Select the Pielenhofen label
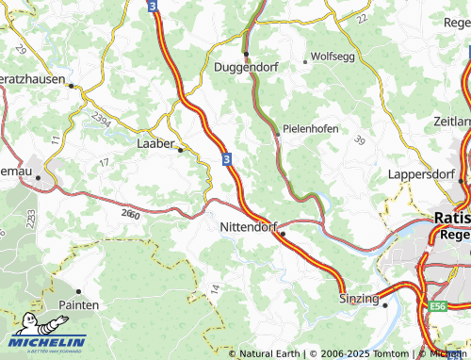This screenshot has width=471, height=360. point(310,129)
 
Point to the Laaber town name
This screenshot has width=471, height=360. point(155,144)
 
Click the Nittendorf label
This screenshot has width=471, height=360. point(248,228)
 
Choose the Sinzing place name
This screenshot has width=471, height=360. point(357,299)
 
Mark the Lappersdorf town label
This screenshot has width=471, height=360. point(421,174)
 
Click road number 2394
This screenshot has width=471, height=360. point(103,119)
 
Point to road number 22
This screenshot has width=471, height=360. point(363,19)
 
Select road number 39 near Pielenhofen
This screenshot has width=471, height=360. point(359,140)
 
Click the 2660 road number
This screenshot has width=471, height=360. point(131,216)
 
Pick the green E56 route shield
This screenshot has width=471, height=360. point(436,306)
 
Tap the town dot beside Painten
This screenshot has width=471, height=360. point(78,291)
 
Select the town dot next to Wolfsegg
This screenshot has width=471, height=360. point(305,62)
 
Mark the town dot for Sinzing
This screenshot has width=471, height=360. point(385,303)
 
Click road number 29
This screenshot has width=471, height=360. point(21,48)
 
